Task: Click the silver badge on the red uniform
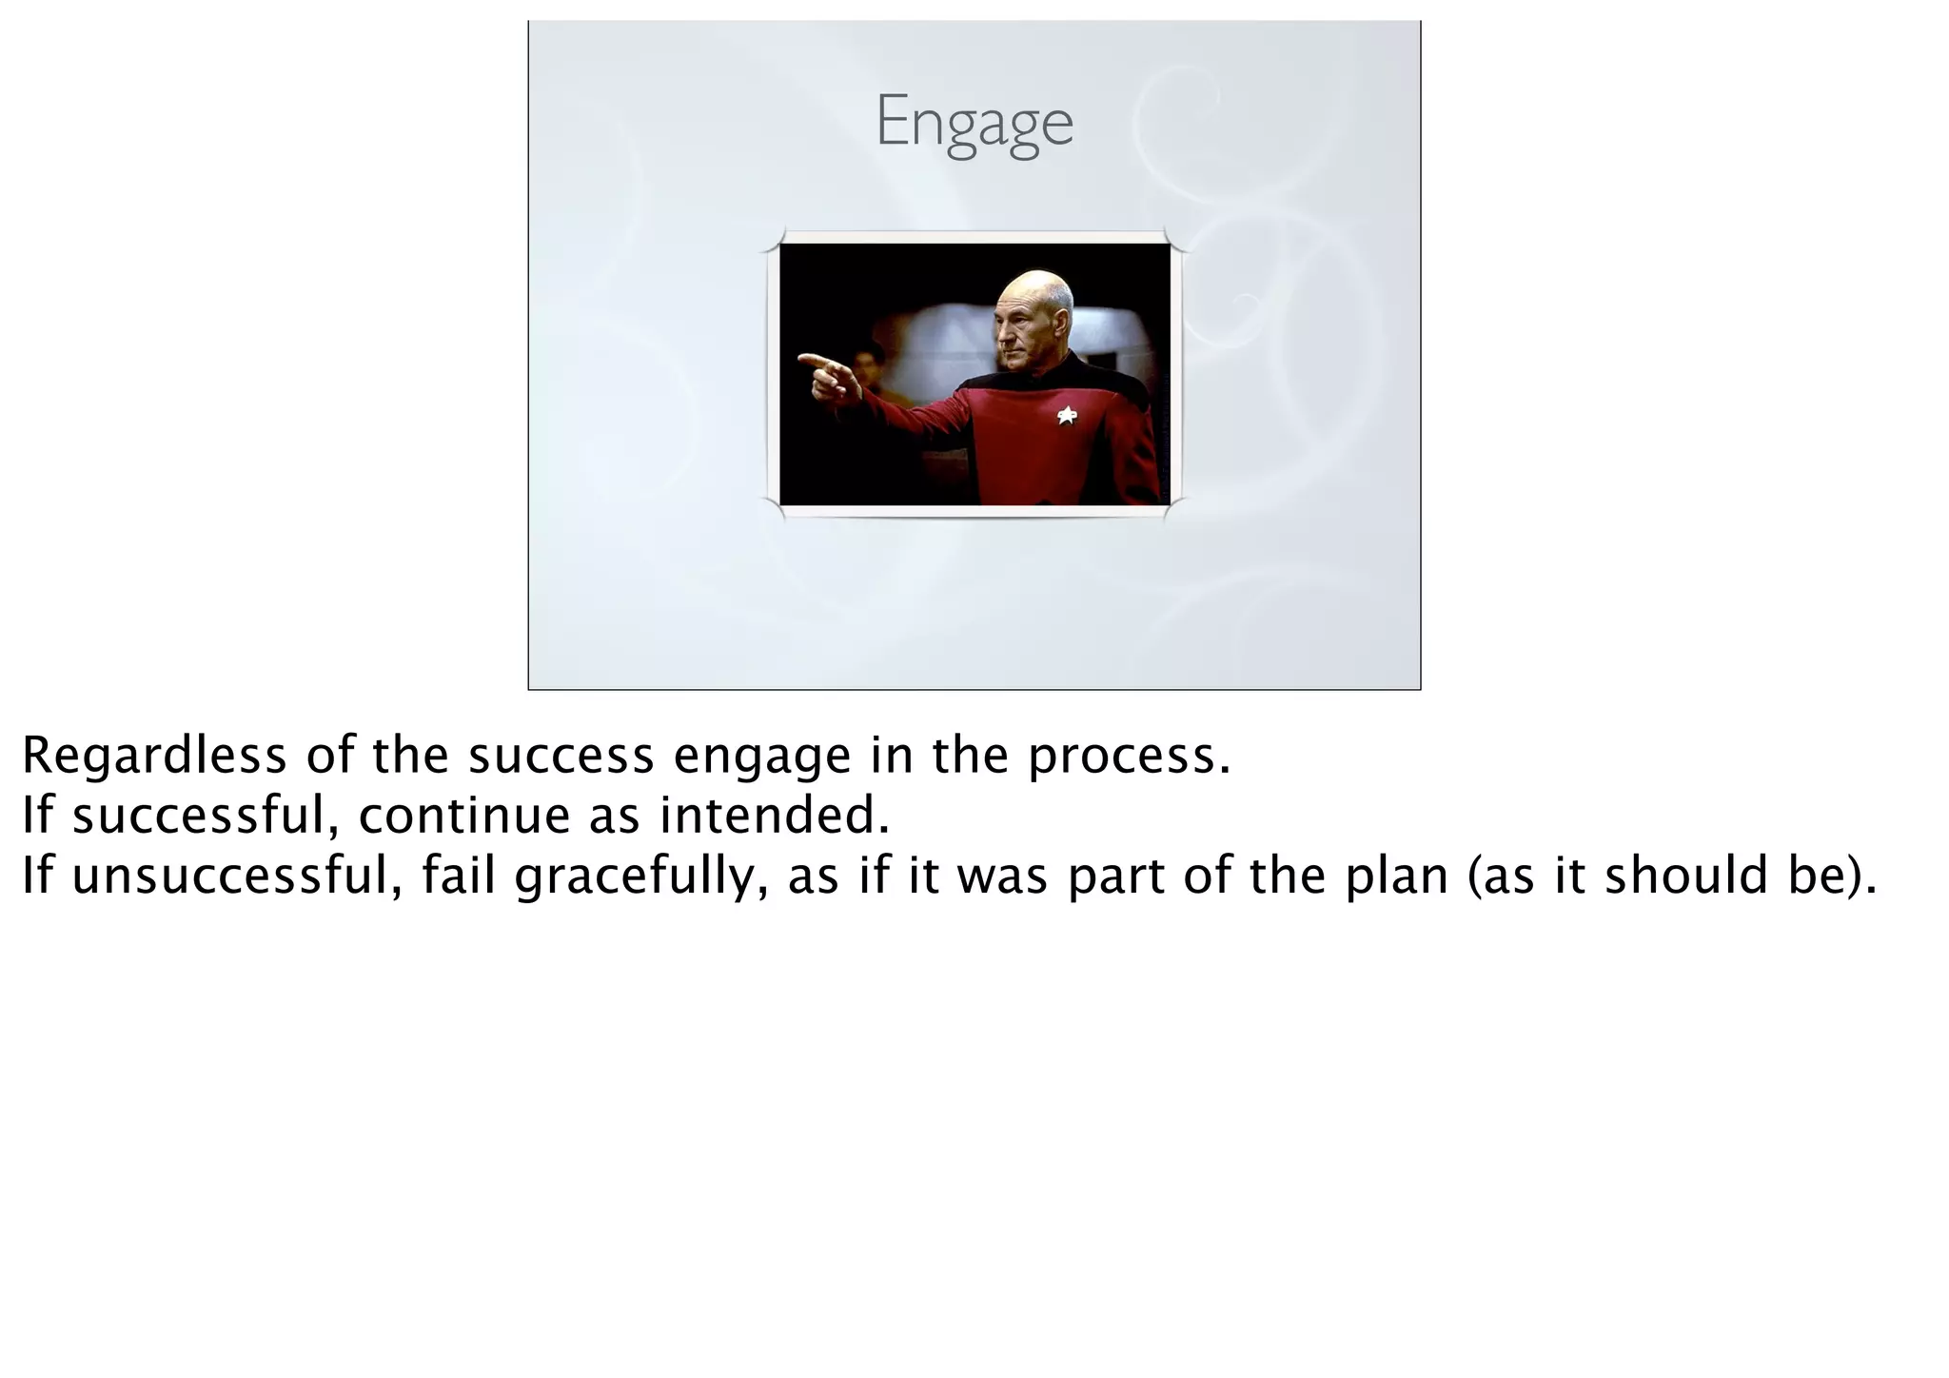click(1067, 415)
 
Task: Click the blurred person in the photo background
click(866, 366)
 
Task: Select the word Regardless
click(153, 756)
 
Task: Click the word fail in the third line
click(459, 876)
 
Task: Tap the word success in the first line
click(561, 758)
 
